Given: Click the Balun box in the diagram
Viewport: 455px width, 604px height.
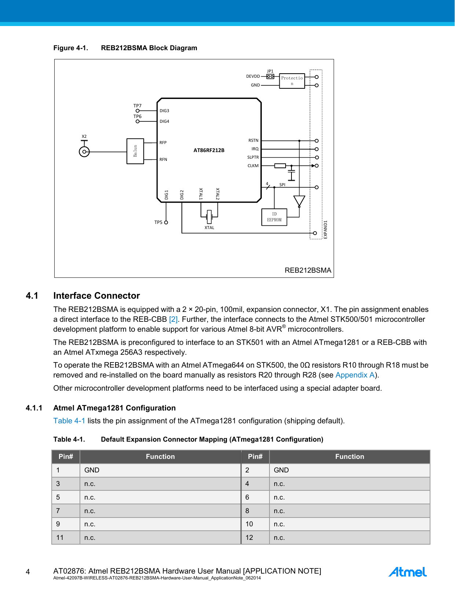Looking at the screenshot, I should click(x=135, y=151).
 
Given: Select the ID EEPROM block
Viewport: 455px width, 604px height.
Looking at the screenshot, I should click(x=274, y=217).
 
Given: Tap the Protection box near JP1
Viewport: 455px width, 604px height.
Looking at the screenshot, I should click(x=292, y=81).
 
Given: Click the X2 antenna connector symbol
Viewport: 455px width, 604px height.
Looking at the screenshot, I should click(x=84, y=151).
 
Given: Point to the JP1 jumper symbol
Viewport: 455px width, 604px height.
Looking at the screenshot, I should click(x=270, y=77).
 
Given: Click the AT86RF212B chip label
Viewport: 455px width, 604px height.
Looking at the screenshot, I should click(x=209, y=150).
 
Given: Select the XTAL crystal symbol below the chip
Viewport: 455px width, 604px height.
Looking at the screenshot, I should click(x=209, y=217).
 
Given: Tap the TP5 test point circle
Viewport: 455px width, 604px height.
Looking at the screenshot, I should click(x=166, y=222).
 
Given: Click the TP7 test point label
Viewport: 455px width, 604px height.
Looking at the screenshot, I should click(x=137, y=106).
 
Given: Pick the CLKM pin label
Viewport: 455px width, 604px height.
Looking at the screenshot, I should click(x=253, y=166).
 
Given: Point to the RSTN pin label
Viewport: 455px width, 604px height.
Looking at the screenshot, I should click(x=253, y=140).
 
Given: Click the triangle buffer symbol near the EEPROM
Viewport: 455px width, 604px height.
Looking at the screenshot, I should click(x=299, y=201).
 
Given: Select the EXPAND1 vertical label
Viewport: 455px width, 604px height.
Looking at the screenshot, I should click(x=326, y=229).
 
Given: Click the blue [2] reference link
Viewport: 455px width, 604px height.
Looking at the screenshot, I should click(x=173, y=319).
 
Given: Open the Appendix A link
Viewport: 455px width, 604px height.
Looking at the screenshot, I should click(x=355, y=375).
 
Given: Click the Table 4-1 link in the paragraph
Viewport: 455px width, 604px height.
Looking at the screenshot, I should click(x=69, y=421).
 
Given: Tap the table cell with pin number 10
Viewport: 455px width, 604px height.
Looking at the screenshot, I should click(x=249, y=524).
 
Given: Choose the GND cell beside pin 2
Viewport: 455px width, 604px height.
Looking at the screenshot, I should click(x=281, y=470).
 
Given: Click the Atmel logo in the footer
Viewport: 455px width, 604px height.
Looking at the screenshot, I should click(x=407, y=572).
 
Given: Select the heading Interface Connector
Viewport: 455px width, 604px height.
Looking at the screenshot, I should click(x=96, y=296).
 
